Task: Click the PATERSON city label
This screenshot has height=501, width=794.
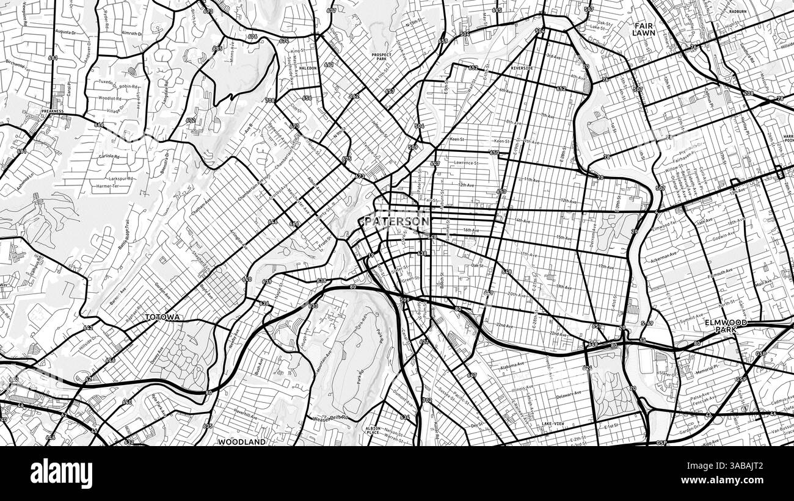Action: click(396, 221)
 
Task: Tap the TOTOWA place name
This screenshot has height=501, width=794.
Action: click(162, 318)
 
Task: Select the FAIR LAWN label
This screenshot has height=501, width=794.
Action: click(643, 29)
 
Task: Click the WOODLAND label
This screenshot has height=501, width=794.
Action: click(242, 442)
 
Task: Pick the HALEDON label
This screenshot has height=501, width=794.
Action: click(308, 68)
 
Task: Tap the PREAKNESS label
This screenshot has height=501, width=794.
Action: click(53, 112)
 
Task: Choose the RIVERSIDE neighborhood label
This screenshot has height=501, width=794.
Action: click(522, 68)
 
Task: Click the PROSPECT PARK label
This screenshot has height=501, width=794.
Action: click(381, 57)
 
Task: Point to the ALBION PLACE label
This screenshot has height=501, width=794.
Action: click(373, 431)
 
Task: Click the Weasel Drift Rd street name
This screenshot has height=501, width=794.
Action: click(330, 419)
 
